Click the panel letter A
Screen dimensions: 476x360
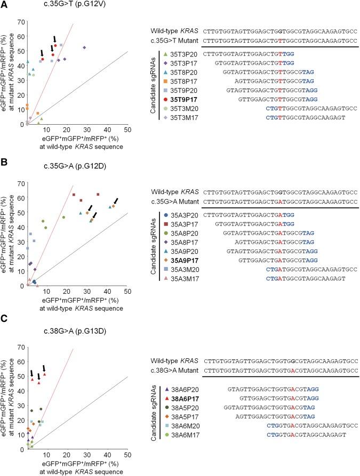click(x=5, y=5)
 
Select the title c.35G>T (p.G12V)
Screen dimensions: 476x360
click(x=76, y=5)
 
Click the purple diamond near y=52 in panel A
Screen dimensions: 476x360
click(x=84, y=47)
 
